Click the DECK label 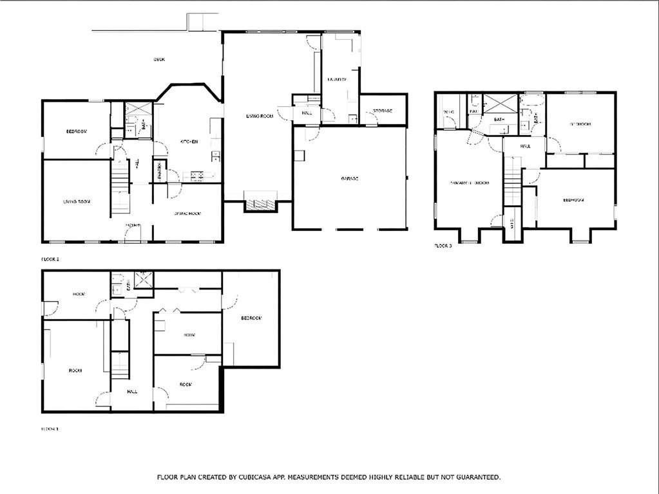point(159,60)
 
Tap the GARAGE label point(350,178)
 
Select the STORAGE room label point(383,111)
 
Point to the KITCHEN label point(188,142)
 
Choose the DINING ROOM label point(188,213)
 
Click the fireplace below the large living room point(260,204)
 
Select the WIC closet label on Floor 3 point(449,112)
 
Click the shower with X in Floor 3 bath point(501,104)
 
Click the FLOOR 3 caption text point(443,246)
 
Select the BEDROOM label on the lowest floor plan point(251,318)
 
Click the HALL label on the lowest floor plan point(132,391)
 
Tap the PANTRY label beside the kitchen point(158,171)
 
